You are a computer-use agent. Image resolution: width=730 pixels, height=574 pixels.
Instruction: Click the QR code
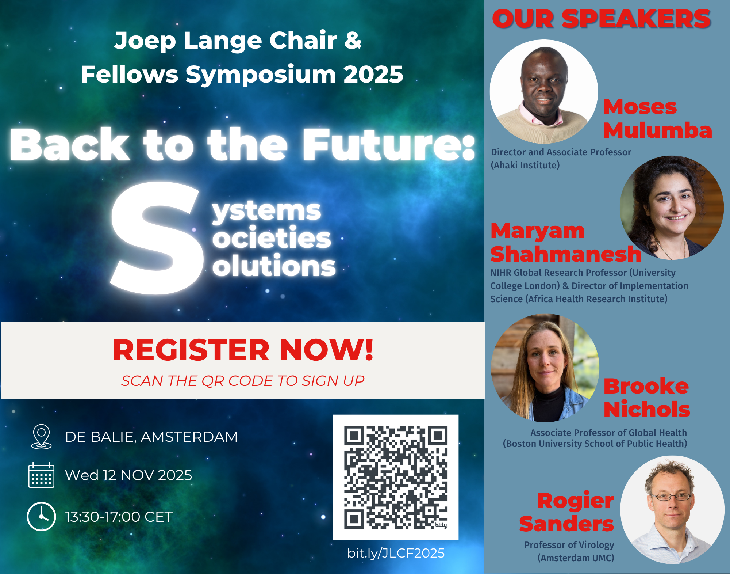396,477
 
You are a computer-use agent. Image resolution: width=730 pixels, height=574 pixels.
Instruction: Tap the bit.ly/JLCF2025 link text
396,553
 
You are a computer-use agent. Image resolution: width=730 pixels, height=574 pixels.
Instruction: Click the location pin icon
41,437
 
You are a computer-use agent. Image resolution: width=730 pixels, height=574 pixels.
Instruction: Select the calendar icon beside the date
41,475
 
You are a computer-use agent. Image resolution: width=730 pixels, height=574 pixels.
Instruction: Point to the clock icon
41,517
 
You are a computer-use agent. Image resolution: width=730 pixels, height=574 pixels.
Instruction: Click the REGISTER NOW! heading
243,350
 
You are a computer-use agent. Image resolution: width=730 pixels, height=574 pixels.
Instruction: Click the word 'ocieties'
272,238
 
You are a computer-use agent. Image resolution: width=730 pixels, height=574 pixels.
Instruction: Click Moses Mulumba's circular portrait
543,91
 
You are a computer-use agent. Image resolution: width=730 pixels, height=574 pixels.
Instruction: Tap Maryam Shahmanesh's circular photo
672,208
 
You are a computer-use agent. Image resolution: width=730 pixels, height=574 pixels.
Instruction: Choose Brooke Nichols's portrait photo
545,368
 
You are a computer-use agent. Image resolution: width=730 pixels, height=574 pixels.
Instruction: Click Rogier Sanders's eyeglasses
671,497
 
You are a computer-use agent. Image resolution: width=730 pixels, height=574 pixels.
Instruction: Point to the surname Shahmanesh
566,254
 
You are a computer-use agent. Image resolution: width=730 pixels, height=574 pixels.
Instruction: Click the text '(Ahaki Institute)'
525,165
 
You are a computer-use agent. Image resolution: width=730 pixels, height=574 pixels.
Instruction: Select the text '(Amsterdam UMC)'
576,558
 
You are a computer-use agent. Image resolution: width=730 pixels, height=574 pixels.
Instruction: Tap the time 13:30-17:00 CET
119,517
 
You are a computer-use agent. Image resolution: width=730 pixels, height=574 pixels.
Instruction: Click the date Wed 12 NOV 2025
128,475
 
